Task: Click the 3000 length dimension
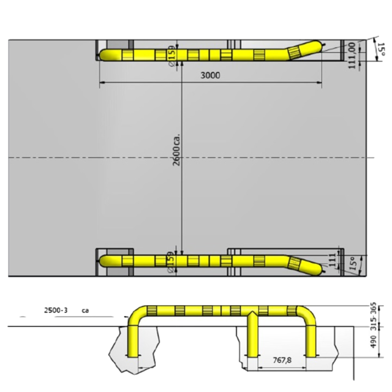click(209, 75)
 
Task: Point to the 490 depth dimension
click(373, 341)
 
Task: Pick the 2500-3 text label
click(56, 311)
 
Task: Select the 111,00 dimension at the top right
click(352, 56)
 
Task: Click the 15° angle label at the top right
click(380, 50)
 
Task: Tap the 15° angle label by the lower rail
click(352, 264)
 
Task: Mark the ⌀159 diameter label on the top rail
click(171, 55)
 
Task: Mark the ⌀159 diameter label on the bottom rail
click(170, 262)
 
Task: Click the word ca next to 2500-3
click(85, 311)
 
